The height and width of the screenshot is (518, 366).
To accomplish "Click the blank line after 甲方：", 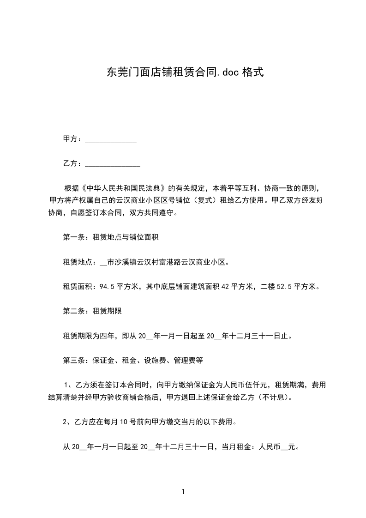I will pyautogui.click(x=111, y=139).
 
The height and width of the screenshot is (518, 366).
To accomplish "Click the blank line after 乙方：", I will pyautogui.click(x=113, y=164).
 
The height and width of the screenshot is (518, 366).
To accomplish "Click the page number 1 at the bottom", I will pyautogui.click(x=183, y=492).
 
